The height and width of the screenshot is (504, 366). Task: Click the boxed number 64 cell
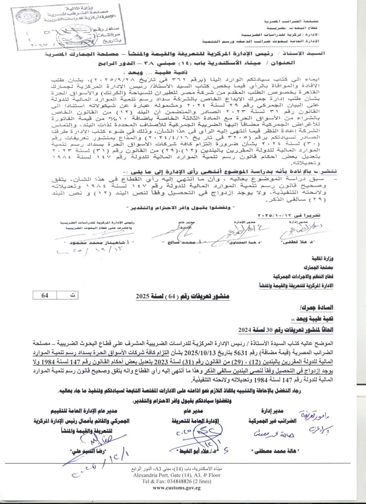tap(45, 295)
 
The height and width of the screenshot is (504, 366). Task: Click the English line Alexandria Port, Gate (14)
tap(177, 475)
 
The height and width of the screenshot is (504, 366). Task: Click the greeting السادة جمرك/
tap(317, 308)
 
